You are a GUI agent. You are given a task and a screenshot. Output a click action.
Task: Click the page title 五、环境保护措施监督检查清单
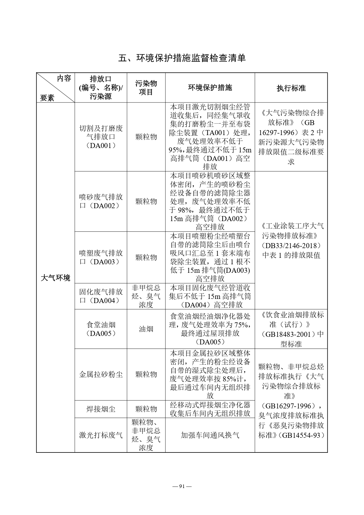pyautogui.click(x=182, y=58)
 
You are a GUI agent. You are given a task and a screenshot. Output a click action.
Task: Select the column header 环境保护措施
pyautogui.click(x=210, y=87)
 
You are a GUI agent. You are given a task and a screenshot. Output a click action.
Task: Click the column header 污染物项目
pyautogui.click(x=146, y=87)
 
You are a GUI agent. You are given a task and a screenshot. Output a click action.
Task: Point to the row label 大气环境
pyautogui.click(x=55, y=278)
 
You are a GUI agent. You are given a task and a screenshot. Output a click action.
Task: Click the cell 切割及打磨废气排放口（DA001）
pyautogui.click(x=101, y=137)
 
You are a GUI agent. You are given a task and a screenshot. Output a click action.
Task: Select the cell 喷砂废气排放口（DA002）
pyautogui.click(x=101, y=201)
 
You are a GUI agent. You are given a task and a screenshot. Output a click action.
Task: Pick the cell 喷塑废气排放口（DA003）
pyautogui.click(x=101, y=257)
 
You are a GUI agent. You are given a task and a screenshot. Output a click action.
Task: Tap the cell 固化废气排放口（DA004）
pyautogui.click(x=101, y=296)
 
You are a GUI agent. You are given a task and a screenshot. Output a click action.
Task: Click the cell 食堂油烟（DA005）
pyautogui.click(x=101, y=329)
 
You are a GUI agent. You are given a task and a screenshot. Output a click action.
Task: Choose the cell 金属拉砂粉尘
pyautogui.click(x=101, y=374)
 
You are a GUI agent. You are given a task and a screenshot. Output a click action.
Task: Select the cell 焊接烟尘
pyautogui.click(x=101, y=409)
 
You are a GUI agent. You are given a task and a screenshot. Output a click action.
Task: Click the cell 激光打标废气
pyautogui.click(x=101, y=435)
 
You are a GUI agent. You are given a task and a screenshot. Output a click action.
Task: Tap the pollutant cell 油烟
pyautogui.click(x=146, y=329)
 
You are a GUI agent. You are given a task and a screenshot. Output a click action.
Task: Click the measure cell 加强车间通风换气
pyautogui.click(x=210, y=435)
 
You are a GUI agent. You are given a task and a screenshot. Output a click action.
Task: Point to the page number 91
pyautogui.click(x=182, y=486)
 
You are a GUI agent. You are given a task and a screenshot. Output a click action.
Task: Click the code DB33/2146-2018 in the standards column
pyautogui.click(x=291, y=245)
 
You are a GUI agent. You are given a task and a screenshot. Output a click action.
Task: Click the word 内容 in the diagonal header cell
pyautogui.click(x=64, y=78)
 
